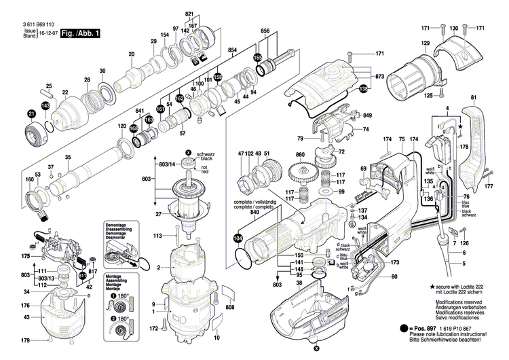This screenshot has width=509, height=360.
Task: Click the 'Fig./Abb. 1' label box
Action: click(79, 33)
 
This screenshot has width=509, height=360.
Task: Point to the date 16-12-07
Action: click(47, 33)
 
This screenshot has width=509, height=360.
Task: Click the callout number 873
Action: click(379, 77)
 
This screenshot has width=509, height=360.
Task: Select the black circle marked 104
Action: click(238, 238)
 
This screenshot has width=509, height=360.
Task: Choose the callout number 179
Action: click(25, 340)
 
